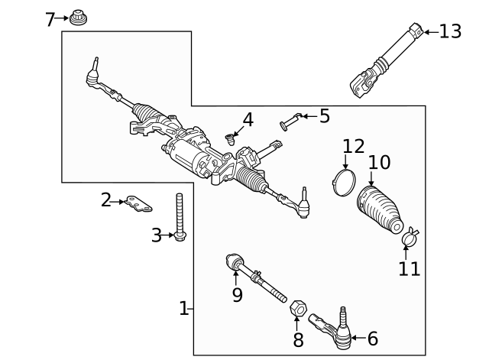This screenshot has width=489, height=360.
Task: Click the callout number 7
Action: [x=50, y=18]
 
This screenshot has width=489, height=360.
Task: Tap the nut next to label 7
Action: [x=76, y=17]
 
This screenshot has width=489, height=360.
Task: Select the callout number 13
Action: [x=450, y=31]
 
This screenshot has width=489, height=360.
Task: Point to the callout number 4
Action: [x=248, y=120]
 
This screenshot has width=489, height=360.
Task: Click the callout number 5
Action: [x=324, y=116]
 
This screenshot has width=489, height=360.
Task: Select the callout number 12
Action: [x=354, y=145]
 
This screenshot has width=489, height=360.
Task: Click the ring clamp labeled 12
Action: [x=345, y=181]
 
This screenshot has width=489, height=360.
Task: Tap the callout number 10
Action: [x=379, y=162]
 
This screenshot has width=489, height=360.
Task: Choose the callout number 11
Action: [x=409, y=268]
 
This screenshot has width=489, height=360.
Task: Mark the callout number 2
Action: [x=106, y=200]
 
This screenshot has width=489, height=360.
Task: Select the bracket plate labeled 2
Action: [x=138, y=204]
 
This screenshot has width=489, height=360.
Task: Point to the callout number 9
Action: [x=237, y=295]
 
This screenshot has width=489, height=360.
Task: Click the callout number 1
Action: [x=183, y=308]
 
